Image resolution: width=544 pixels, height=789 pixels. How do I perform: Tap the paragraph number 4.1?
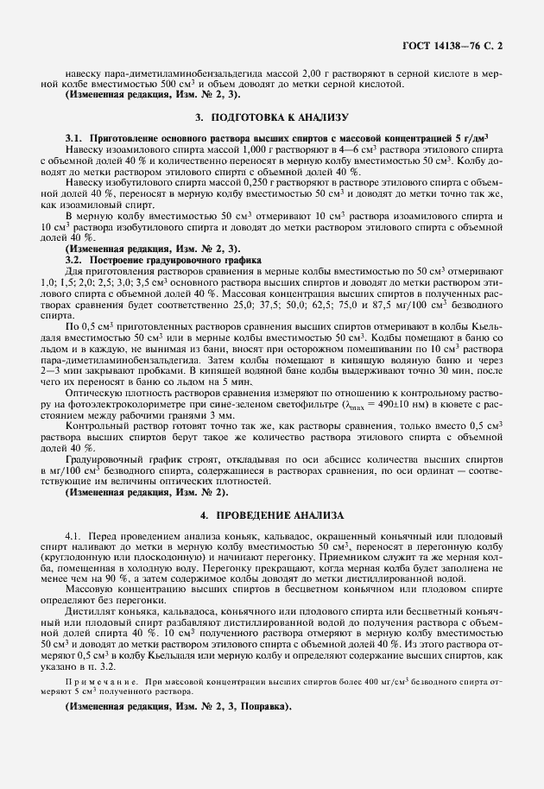(75, 536)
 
